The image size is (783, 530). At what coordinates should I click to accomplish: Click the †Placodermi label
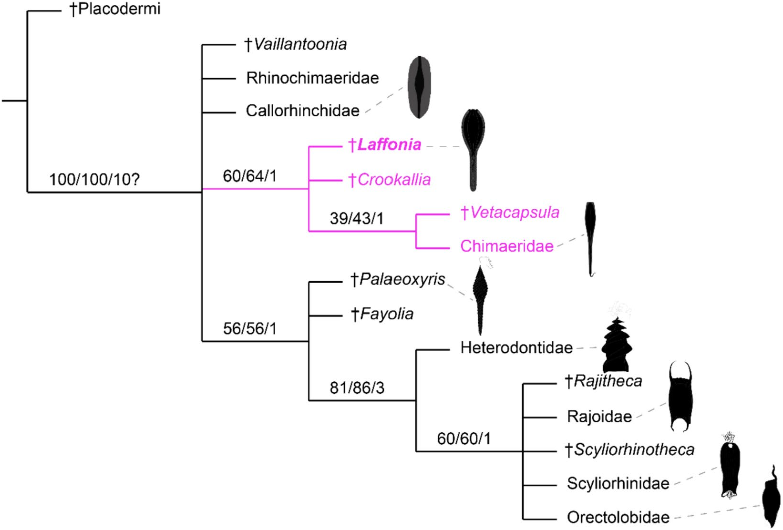pos(115,9)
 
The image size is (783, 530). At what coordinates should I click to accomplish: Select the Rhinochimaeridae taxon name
pos(312,78)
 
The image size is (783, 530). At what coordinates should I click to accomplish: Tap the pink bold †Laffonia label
pos(385,144)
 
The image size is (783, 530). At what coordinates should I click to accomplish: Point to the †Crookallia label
pos(390,180)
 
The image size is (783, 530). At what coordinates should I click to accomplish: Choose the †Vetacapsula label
pos(510,213)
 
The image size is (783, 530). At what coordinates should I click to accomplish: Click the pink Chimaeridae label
pos(506,246)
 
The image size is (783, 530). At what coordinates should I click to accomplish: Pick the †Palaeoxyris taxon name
pos(398,279)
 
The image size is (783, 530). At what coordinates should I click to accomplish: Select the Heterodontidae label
pos(516,348)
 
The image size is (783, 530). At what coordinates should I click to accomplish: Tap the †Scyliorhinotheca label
pos(629,449)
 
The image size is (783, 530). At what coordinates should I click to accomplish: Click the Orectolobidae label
pos(618,517)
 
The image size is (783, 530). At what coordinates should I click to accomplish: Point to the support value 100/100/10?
pos(94,180)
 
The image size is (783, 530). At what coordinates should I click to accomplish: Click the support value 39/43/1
pos(357,218)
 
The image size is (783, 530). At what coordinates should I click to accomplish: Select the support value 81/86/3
pos(357,388)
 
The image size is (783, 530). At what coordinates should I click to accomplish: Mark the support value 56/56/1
pos(250,328)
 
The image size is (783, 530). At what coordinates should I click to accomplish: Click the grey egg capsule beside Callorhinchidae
pos(419,87)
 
